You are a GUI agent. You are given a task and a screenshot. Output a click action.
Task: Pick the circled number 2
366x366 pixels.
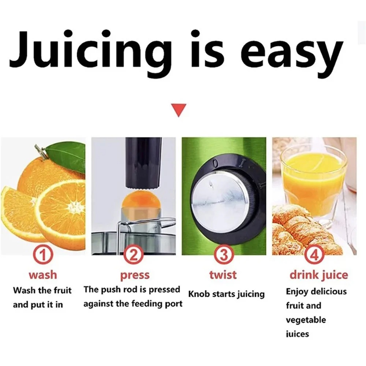pyautogui.click(x=133, y=255)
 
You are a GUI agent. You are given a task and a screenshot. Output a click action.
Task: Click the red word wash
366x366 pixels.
pyautogui.click(x=43, y=274)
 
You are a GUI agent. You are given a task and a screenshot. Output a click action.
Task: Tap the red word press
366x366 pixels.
pyautogui.click(x=135, y=276)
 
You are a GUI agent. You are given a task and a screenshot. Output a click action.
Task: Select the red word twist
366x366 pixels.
pyautogui.click(x=223, y=274)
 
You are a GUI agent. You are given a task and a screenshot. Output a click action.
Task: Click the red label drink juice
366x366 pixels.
pyautogui.click(x=319, y=275)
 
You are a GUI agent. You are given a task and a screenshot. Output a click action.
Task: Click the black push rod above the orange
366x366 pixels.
pyautogui.click(x=143, y=163)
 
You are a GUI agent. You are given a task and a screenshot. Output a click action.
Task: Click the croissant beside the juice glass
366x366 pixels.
pyautogui.click(x=303, y=230)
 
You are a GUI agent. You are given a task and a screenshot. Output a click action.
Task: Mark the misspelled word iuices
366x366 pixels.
pyautogui.click(x=297, y=334)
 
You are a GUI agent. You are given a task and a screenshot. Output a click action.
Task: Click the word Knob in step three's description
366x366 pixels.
pyautogui.click(x=198, y=294)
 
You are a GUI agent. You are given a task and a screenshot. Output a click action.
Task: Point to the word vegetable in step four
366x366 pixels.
pyautogui.click(x=306, y=320)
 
